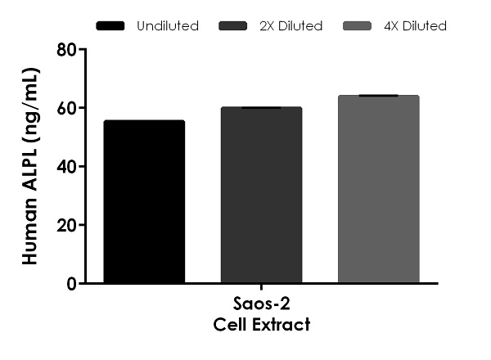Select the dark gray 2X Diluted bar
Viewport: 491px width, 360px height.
click(x=261, y=196)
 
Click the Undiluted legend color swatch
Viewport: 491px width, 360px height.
click(x=110, y=26)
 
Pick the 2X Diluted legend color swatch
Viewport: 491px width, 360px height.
click(x=235, y=26)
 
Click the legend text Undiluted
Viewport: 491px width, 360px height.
click(x=168, y=26)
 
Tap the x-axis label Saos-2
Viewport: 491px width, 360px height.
click(x=261, y=307)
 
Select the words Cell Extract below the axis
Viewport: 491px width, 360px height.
click(x=261, y=326)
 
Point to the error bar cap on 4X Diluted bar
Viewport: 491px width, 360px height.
click(x=378, y=96)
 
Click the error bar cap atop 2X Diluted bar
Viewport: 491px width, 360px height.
click(x=261, y=107)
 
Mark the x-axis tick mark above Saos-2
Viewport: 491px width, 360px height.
click(x=261, y=288)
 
